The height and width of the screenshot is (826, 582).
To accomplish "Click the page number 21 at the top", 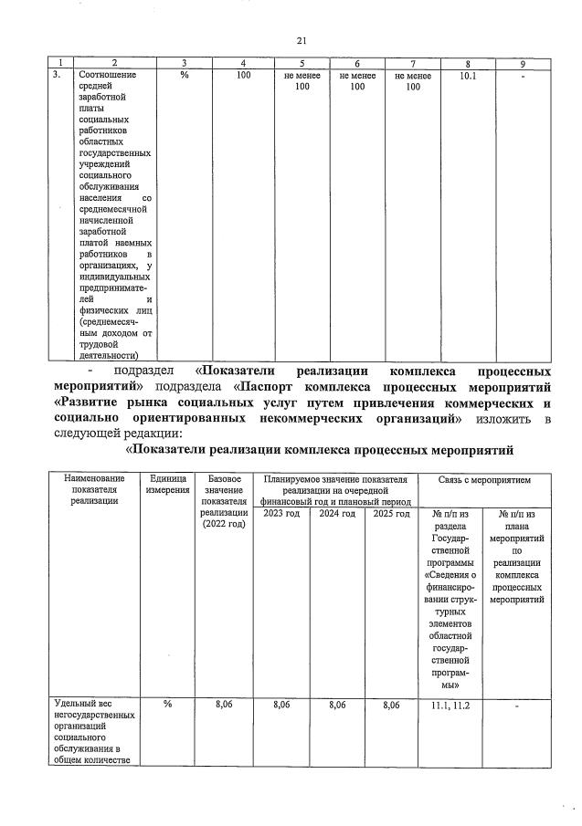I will click(301, 40).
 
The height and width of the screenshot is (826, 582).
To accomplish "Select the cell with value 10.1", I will click(467, 76).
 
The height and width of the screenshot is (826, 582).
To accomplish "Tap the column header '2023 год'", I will click(280, 513).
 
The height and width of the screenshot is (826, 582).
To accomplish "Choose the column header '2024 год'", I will click(336, 513).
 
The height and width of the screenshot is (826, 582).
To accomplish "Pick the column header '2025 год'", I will click(391, 513).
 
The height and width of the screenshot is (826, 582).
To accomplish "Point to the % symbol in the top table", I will click(184, 76).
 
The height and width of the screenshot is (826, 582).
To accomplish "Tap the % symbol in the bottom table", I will click(167, 705).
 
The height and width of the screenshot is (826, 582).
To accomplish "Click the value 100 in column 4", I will click(243, 76).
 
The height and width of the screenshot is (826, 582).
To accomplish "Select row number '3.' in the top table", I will click(57, 76).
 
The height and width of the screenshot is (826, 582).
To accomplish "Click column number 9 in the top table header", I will click(523, 63).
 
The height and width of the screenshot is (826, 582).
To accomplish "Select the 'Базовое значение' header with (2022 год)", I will click(225, 502).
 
